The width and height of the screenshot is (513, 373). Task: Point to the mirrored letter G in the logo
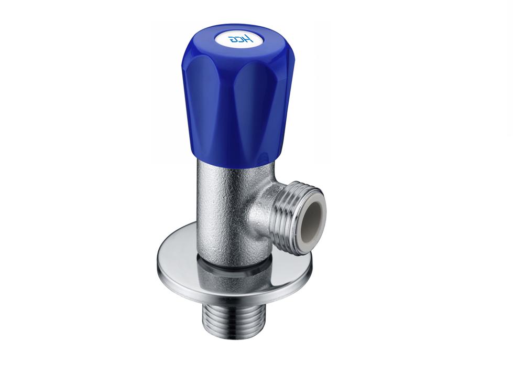(x=232, y=39)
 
